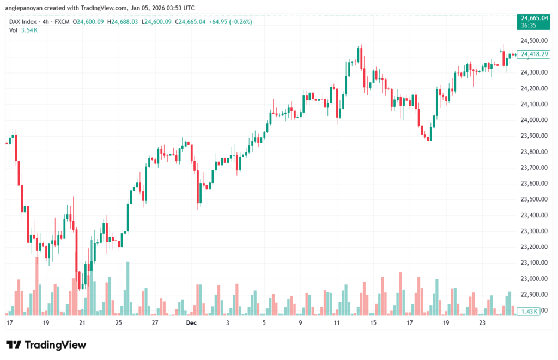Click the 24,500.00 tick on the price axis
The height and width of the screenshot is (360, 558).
pos(534,41)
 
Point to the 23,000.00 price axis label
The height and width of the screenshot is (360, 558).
pos(534,279)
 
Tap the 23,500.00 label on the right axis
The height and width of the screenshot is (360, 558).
pos(534,199)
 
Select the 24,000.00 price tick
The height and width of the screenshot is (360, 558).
pos(534,120)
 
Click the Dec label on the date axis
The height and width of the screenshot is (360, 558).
pos(191,323)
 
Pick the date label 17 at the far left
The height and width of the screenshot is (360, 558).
pos(9,323)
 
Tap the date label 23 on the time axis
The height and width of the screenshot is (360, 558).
pos(482,323)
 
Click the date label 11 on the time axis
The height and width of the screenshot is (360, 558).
pos(337,323)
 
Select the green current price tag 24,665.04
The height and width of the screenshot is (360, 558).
pos(534,19)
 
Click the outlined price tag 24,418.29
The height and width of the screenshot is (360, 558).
pos(534,54)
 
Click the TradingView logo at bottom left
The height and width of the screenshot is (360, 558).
pos(46,345)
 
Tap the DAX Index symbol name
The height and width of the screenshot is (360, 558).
pos(23,22)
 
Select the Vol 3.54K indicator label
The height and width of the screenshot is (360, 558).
pos(23,30)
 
